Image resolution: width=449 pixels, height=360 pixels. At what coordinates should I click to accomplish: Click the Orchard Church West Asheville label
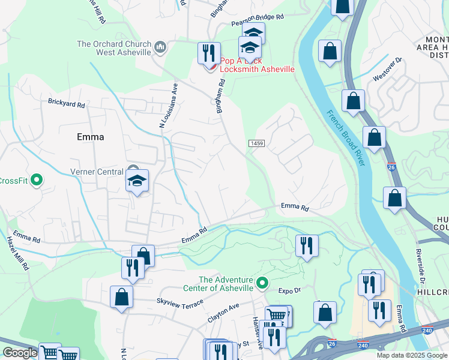(x=114, y=48)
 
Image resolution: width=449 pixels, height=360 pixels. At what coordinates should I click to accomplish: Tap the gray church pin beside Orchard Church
(x=160, y=47)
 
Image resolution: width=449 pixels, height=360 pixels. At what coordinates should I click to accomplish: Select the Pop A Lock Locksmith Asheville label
(x=257, y=65)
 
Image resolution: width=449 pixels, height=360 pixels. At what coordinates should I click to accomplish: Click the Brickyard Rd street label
(x=67, y=104)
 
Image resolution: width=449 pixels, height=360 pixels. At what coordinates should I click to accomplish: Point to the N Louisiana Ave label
(x=169, y=106)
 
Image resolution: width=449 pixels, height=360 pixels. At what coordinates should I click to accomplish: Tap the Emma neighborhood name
(x=91, y=137)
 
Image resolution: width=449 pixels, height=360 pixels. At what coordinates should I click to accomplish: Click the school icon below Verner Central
(x=137, y=181)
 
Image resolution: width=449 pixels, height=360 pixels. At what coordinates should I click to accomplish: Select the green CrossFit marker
(x=37, y=179)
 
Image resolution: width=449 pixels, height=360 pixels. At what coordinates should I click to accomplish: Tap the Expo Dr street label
(x=289, y=290)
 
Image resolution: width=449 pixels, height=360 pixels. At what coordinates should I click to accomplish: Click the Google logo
(x=20, y=353)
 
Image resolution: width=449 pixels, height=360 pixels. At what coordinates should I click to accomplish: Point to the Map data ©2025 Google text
(x=412, y=355)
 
